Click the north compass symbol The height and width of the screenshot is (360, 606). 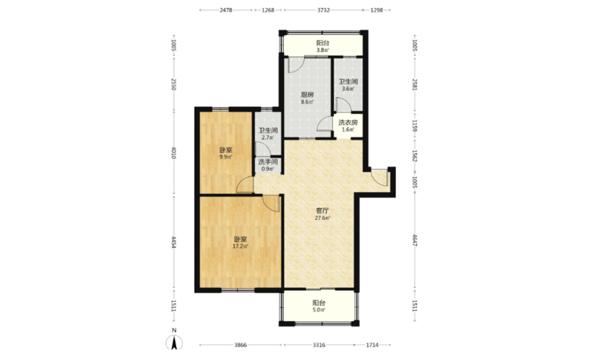click(x=175, y=343)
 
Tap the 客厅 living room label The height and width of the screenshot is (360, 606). click(x=322, y=210)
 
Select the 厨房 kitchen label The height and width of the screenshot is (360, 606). click(x=307, y=94)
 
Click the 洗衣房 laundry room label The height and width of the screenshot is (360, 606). click(x=348, y=123)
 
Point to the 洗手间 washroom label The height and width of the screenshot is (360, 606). click(x=268, y=162)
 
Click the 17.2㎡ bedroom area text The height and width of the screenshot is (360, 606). click(x=240, y=246)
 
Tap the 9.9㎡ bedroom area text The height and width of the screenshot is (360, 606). click(x=226, y=157)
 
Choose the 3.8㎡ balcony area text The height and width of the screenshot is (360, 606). click(x=322, y=50)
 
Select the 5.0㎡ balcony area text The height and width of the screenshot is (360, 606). click(x=319, y=310)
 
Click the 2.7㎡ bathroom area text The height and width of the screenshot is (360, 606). click(x=268, y=137)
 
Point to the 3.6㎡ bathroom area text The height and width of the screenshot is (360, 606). click(x=348, y=89)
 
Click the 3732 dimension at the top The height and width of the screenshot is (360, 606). click(x=324, y=10)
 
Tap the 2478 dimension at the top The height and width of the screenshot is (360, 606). click(x=226, y=10)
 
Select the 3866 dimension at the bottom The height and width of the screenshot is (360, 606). click(x=240, y=345)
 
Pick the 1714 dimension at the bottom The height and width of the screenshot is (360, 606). click(x=372, y=345)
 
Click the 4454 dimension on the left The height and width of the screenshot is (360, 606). click(x=174, y=242)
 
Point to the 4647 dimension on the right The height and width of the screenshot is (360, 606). click(x=415, y=240)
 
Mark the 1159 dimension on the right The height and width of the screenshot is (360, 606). click(x=415, y=126)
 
